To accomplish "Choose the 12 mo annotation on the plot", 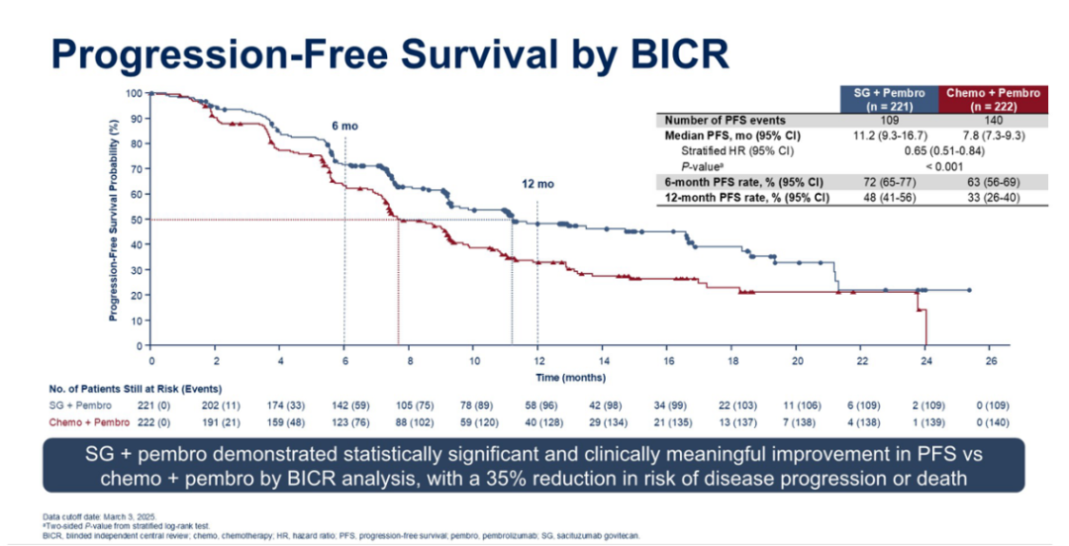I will (x=537, y=184).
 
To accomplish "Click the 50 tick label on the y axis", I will (x=136, y=220).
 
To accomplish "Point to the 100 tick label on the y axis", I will (x=134, y=93).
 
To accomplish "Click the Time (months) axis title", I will (x=570, y=377).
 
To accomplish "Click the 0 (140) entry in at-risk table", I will (x=991, y=423).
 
